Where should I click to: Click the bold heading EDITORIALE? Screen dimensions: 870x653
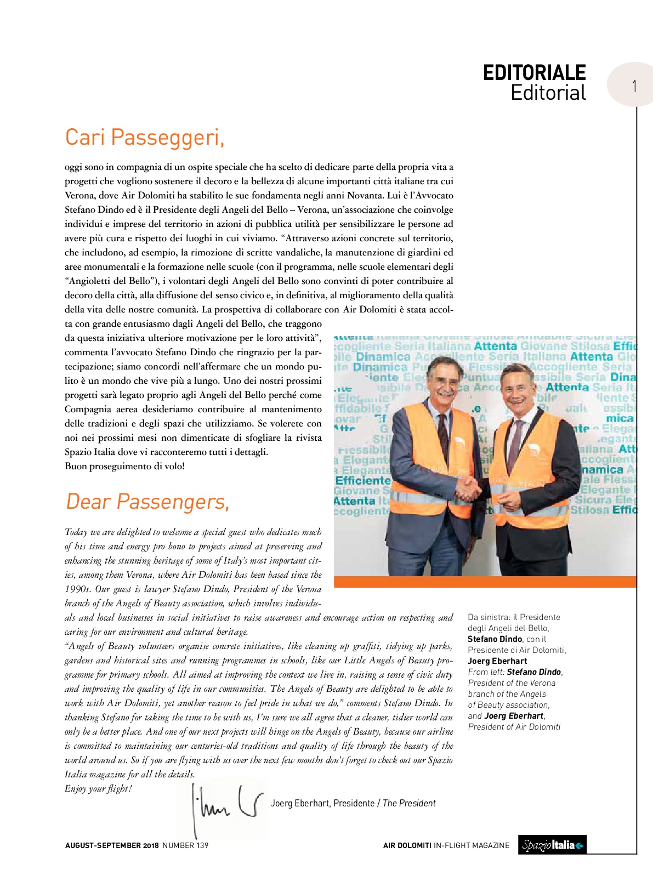pos(534,73)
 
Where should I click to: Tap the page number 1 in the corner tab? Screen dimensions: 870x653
pos(634,86)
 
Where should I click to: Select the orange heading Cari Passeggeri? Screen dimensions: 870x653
pos(145,137)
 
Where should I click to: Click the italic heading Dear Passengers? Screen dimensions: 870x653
pos(147,501)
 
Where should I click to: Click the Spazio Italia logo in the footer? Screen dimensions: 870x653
pos(552,845)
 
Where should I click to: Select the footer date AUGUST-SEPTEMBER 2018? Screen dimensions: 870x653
pos(112,845)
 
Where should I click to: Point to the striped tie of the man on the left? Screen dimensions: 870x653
pos(443,439)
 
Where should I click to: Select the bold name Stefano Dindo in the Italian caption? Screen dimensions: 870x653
pos(495,639)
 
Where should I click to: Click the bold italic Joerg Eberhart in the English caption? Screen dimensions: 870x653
pos(514,715)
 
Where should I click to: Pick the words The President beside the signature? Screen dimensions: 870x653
pos(409,803)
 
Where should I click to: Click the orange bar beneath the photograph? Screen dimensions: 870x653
pos(485,582)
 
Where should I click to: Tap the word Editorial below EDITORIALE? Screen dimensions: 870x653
pos(548,93)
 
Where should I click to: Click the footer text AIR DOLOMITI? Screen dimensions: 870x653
pos(407,845)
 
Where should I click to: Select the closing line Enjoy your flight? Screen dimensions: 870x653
pos(98,788)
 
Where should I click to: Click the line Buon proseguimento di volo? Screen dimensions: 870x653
pos(124,467)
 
